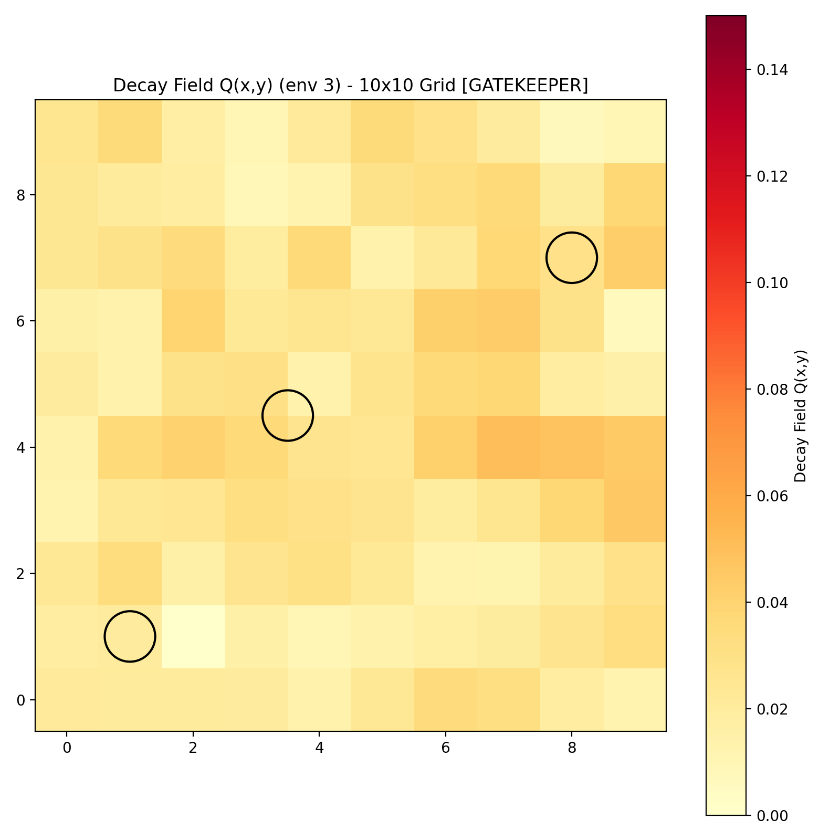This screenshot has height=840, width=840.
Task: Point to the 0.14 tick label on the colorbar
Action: tap(771, 70)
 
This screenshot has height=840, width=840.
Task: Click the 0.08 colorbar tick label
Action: tap(771, 390)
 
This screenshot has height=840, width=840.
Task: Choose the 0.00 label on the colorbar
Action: tap(771, 815)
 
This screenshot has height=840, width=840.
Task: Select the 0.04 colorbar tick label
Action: tap(771, 602)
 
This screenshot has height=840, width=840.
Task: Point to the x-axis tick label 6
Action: tap(446, 748)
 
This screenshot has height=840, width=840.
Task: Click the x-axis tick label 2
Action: tap(193, 748)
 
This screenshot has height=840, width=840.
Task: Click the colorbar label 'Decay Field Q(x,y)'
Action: tap(800, 416)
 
